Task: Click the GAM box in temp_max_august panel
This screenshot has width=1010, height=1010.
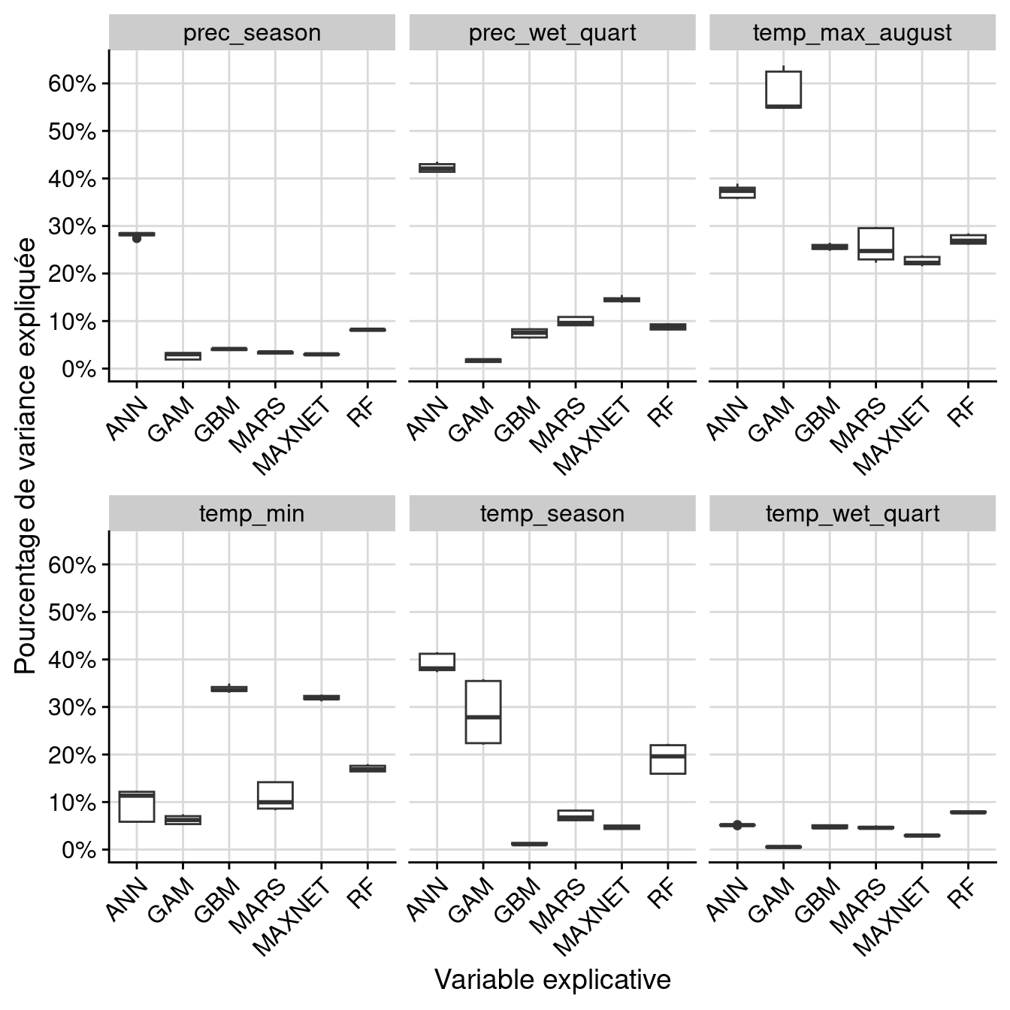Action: click(x=783, y=89)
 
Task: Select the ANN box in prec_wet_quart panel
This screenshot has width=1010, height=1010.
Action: click(x=437, y=168)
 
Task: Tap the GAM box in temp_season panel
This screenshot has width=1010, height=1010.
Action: click(x=483, y=712)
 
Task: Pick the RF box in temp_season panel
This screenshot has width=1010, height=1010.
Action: click(x=667, y=759)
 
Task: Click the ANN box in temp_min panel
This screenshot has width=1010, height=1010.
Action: click(x=137, y=806)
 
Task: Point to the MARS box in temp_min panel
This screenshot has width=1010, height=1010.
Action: click(x=275, y=795)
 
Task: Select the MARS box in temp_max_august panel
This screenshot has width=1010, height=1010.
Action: click(x=875, y=243)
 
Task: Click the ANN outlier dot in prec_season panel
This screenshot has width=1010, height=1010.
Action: click(x=137, y=238)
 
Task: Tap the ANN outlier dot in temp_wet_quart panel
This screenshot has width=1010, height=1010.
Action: click(x=737, y=825)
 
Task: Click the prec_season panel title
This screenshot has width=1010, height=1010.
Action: click(x=252, y=33)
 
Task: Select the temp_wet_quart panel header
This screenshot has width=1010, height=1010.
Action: click(x=852, y=514)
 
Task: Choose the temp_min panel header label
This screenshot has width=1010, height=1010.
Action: click(x=252, y=514)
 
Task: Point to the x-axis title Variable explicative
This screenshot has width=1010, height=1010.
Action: click(x=552, y=980)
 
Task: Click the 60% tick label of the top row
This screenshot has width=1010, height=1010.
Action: click(x=72, y=83)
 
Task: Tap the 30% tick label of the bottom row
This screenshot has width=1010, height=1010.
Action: click(x=72, y=708)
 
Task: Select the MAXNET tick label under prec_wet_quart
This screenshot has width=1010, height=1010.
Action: click(x=594, y=436)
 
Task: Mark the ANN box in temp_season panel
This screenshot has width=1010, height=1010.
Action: click(x=437, y=662)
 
